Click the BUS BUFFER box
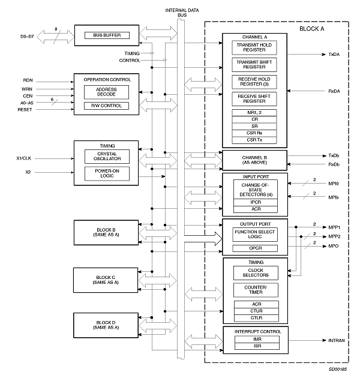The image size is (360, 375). [x=107, y=35]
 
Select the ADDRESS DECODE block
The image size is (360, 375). [x=106, y=92]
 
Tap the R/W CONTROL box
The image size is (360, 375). [x=106, y=106]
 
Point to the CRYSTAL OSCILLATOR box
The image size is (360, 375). [x=106, y=156]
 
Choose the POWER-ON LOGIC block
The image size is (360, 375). [x=106, y=173]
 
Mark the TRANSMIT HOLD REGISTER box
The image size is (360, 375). [x=254, y=48]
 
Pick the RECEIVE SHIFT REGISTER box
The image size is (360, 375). [x=254, y=98]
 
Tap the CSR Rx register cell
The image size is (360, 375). [x=254, y=133]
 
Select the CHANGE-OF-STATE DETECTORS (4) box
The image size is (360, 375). [x=254, y=191]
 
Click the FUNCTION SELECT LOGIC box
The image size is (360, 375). [x=254, y=235]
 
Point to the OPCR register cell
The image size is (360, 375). [x=254, y=248]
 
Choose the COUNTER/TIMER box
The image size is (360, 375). [x=254, y=289]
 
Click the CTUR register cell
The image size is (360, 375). [x=254, y=311]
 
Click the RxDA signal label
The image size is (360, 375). [x=334, y=91]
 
